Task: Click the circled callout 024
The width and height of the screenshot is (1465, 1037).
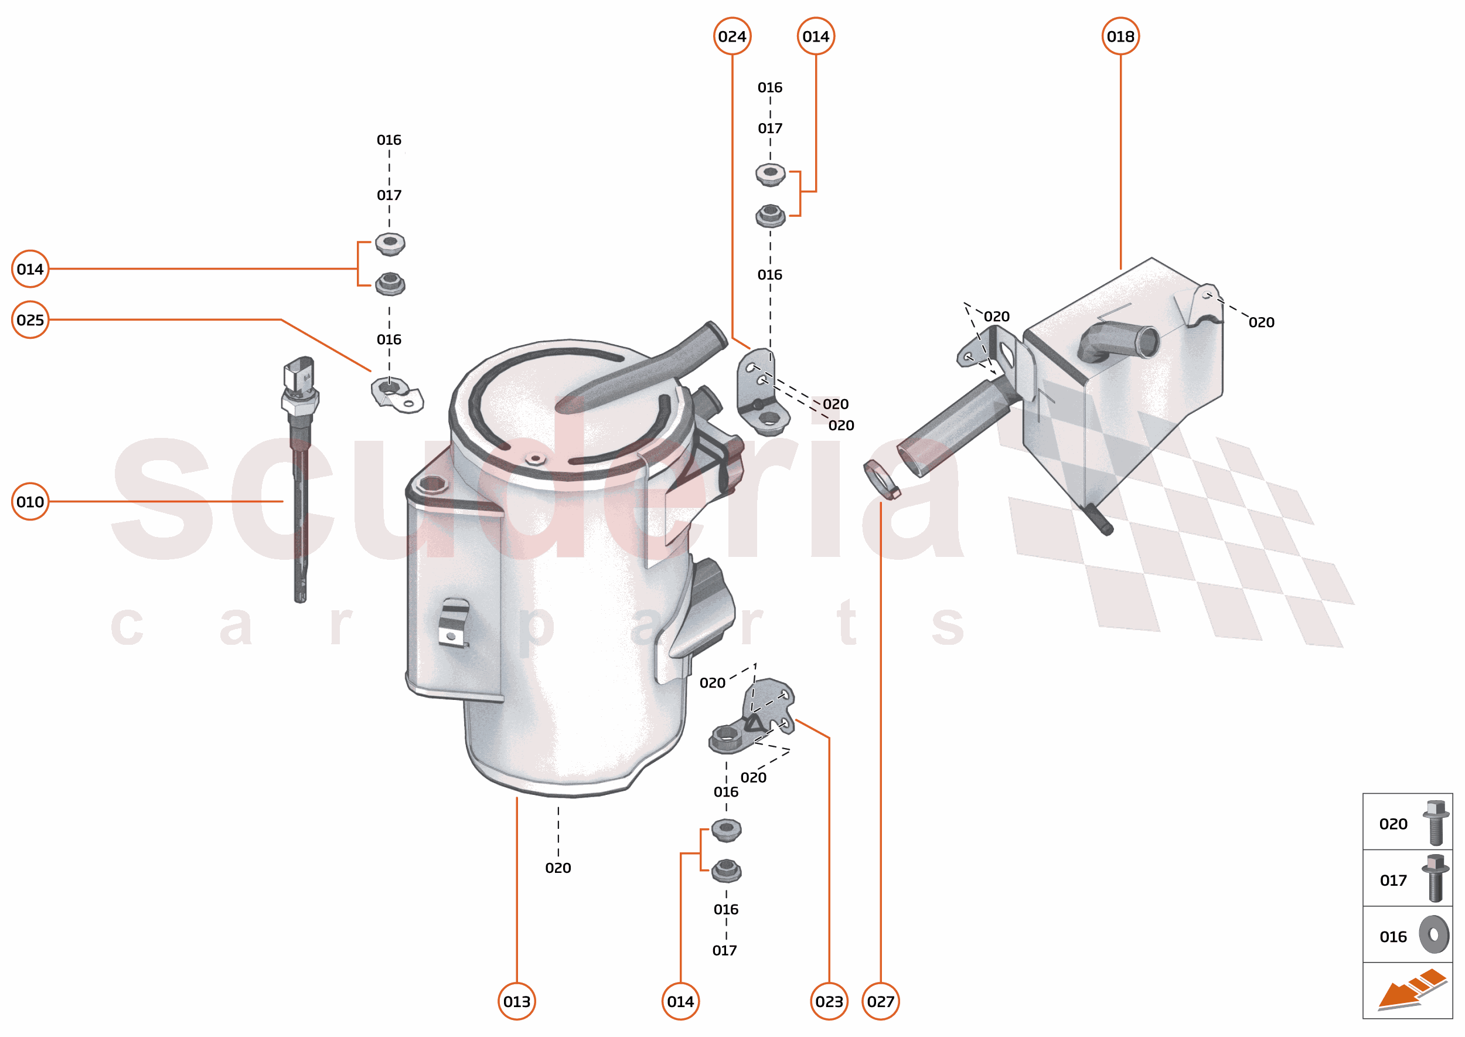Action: (731, 36)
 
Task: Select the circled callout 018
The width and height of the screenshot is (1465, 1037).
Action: (1120, 36)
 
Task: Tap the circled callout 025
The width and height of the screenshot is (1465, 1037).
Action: (30, 320)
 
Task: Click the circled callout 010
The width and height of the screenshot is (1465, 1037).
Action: (30, 502)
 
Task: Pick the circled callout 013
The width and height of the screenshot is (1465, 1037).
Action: (516, 1001)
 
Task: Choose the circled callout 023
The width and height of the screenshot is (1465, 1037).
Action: (829, 1001)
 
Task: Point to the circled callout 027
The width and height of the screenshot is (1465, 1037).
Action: (880, 1001)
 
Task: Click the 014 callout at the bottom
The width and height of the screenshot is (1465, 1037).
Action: (680, 1001)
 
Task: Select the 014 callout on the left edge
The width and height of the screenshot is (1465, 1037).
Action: (30, 269)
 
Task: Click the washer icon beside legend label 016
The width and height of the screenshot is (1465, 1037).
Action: (1434, 935)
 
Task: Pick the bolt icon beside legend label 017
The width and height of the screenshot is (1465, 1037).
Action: (1435, 879)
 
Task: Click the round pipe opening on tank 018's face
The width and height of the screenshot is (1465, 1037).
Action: (1148, 342)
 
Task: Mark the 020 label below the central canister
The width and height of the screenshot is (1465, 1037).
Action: (558, 868)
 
